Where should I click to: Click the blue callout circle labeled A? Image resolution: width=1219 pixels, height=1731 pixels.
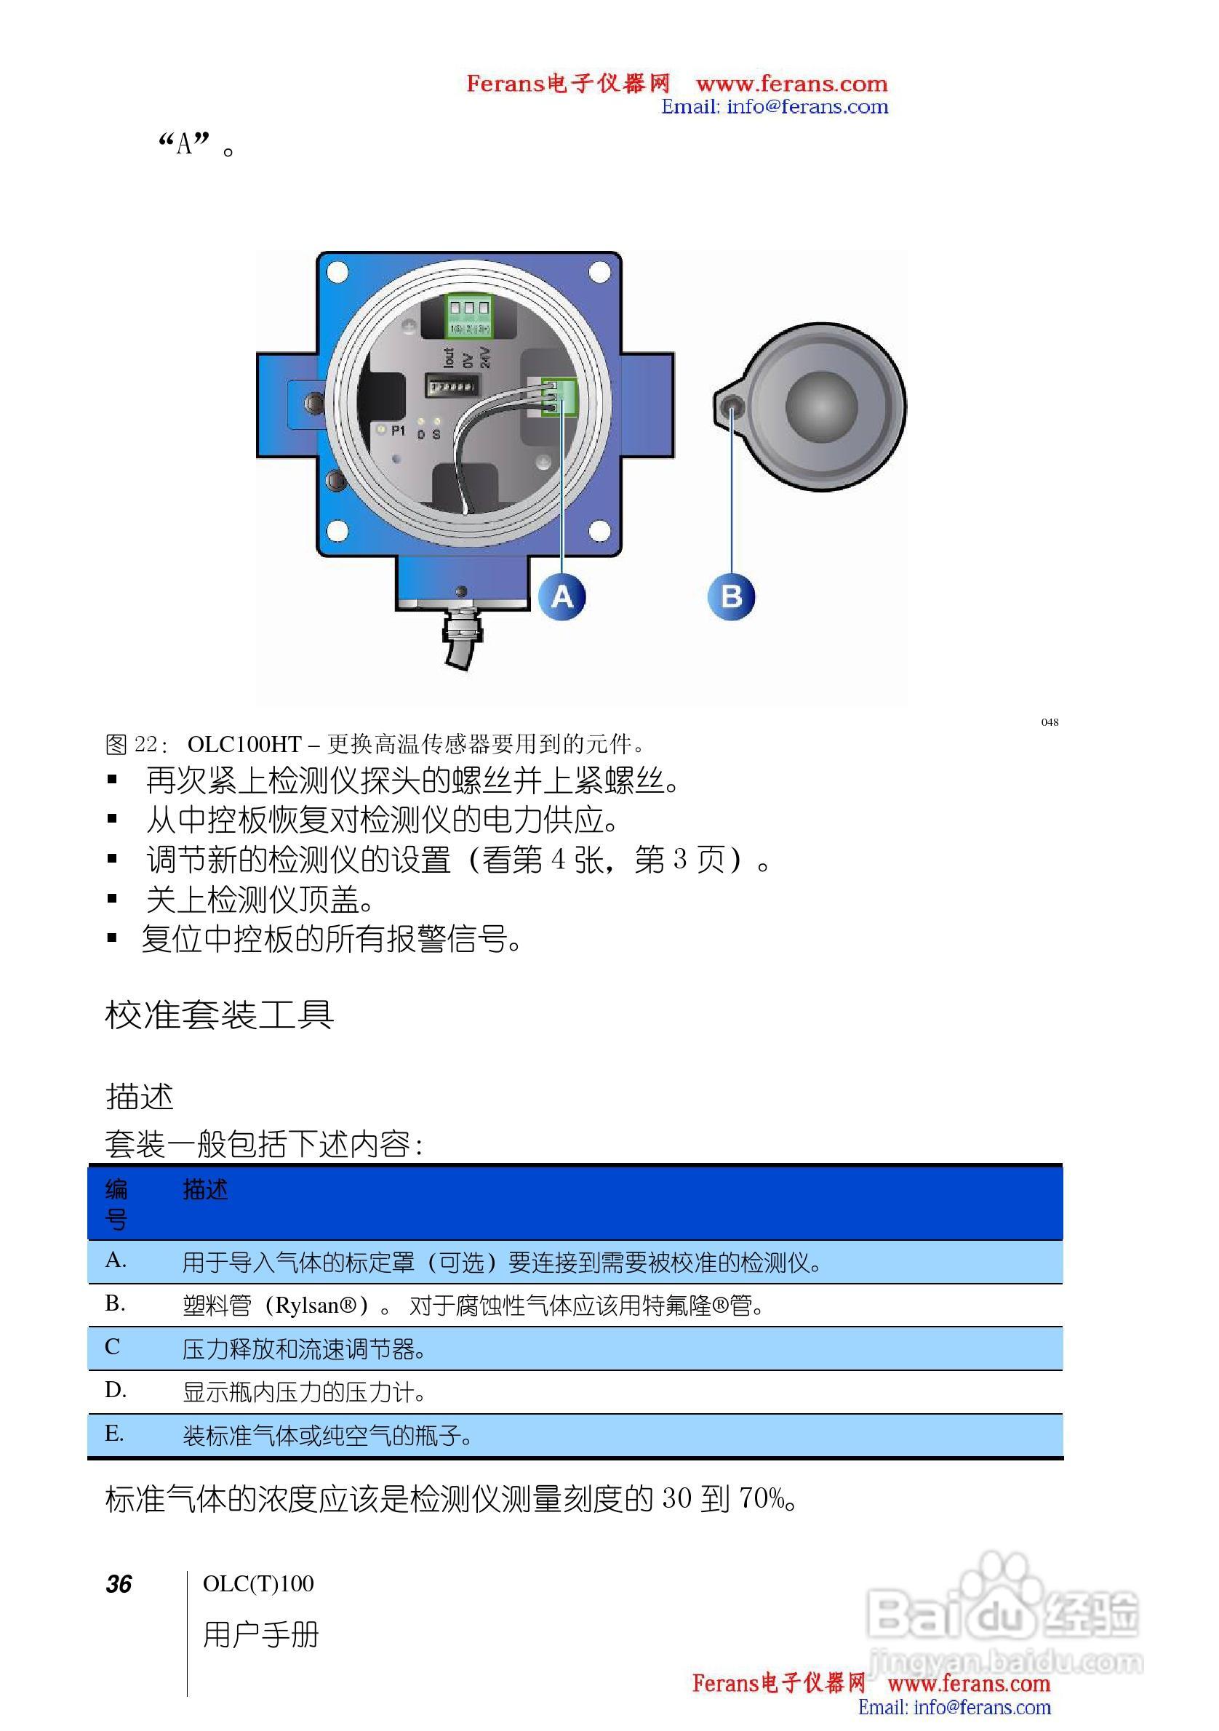click(561, 597)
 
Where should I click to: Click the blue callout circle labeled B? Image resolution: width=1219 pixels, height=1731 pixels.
click(730, 597)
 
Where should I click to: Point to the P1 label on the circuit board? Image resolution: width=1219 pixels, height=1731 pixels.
click(398, 431)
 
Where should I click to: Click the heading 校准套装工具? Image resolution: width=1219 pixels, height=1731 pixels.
click(219, 1015)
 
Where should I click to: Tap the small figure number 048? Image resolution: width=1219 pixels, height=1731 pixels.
click(1050, 722)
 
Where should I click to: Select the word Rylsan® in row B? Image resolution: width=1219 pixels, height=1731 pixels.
click(316, 1305)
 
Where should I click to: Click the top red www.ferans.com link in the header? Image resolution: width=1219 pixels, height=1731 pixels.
click(791, 83)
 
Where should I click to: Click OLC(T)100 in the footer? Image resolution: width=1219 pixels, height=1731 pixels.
click(257, 1584)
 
